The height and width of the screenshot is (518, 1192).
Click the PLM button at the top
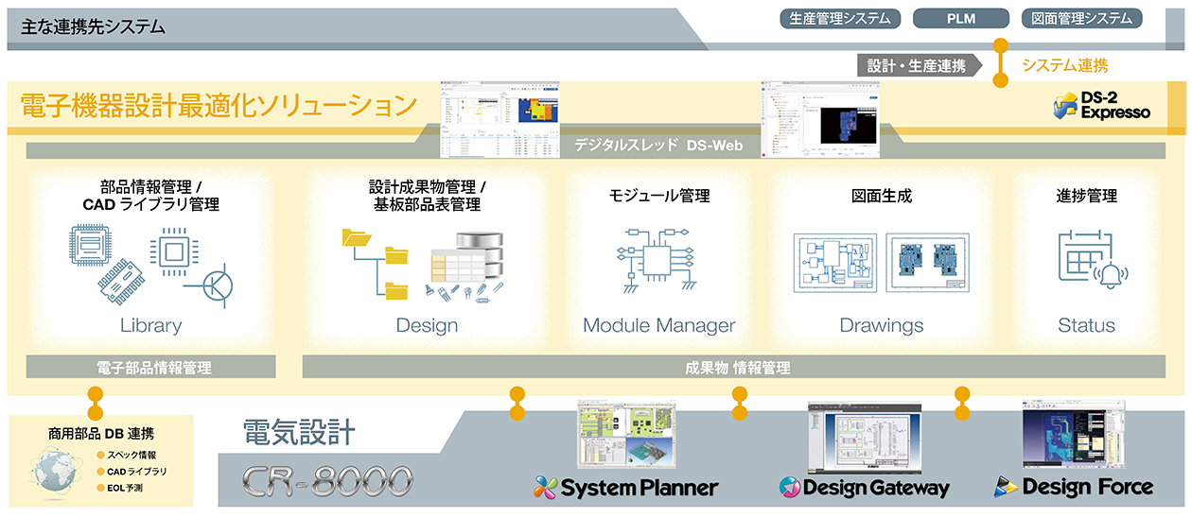[x=960, y=18]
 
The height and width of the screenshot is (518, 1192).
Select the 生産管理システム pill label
[x=839, y=18]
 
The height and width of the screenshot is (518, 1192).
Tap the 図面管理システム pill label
[x=1081, y=18]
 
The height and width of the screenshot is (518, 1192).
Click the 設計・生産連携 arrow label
[x=917, y=65]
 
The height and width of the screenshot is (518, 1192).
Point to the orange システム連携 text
[x=1064, y=65]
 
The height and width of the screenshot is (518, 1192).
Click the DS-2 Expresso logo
[x=1102, y=106]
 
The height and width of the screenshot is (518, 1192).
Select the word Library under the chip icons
[x=150, y=325]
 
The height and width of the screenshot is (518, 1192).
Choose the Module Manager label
[x=658, y=325]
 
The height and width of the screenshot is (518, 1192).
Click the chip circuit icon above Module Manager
[x=657, y=258]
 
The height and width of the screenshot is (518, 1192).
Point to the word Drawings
[x=881, y=325]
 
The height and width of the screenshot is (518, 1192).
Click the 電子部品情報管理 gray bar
[x=150, y=367]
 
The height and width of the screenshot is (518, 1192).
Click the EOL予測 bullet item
[x=131, y=488]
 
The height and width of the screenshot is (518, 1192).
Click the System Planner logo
[x=625, y=488]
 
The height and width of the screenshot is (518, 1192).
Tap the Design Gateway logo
[x=863, y=488]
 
